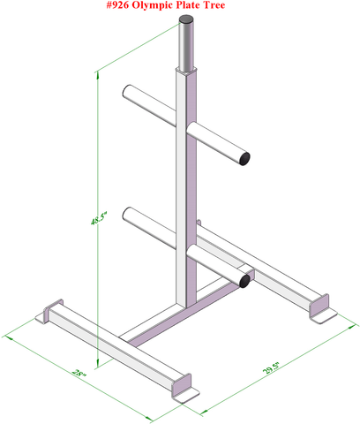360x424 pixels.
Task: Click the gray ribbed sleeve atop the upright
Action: (x=187, y=49)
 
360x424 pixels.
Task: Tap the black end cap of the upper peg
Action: (x=244, y=158)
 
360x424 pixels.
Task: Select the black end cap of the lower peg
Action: (x=244, y=282)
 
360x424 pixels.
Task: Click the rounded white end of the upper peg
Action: (x=130, y=92)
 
